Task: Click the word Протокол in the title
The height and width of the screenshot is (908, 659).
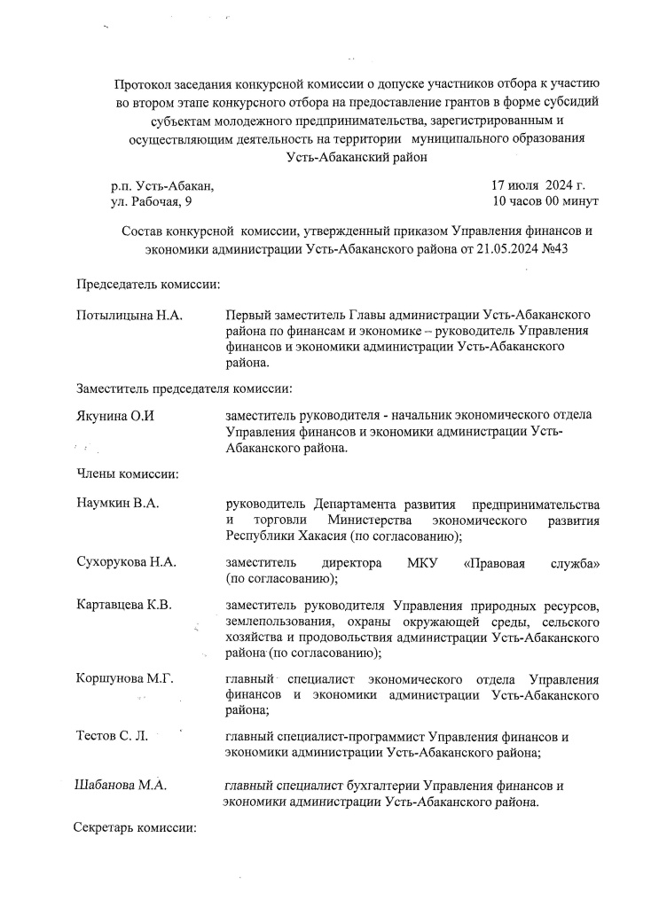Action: click(144, 84)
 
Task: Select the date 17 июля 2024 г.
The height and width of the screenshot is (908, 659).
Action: click(538, 186)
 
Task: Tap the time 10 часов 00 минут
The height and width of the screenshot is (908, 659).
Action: click(545, 202)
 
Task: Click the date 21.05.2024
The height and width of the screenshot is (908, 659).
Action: click(500, 249)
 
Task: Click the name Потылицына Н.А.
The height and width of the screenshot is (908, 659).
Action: click(129, 316)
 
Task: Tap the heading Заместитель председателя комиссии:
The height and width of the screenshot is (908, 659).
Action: click(184, 388)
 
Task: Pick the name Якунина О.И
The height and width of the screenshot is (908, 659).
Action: click(116, 416)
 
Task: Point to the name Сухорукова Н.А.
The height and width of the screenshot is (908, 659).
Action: click(127, 562)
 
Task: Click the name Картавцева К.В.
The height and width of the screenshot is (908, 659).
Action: click(124, 605)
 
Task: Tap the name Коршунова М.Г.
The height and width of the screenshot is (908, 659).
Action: click(124, 678)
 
